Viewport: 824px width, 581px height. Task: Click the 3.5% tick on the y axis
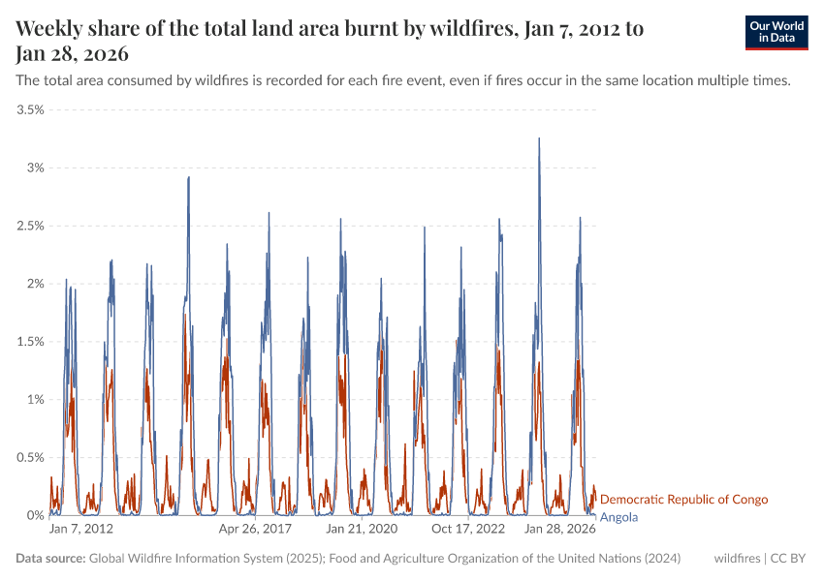coord(29,109)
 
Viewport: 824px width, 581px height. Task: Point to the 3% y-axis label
coord(35,168)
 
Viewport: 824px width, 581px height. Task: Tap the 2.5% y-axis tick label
coord(29,226)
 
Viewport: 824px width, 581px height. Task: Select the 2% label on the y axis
coord(35,284)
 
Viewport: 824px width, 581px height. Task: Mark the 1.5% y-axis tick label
coord(29,342)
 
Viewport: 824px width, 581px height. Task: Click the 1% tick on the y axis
coord(35,399)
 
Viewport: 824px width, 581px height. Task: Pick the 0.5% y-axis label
coord(29,457)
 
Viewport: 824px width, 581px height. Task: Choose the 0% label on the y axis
coord(35,515)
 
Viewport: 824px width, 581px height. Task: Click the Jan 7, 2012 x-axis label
coord(81,530)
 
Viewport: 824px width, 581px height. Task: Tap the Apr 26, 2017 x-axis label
coord(255,530)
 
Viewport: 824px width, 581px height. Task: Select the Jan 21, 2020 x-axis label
coord(362,530)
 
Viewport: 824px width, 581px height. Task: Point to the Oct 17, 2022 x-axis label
coord(468,530)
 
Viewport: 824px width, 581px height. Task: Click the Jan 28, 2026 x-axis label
coord(559,530)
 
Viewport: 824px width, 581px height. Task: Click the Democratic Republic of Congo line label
coord(683,500)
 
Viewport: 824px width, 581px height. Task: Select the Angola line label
coord(618,517)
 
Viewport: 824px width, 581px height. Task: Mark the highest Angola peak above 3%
coord(539,138)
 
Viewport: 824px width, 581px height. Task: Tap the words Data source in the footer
coord(50,559)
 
